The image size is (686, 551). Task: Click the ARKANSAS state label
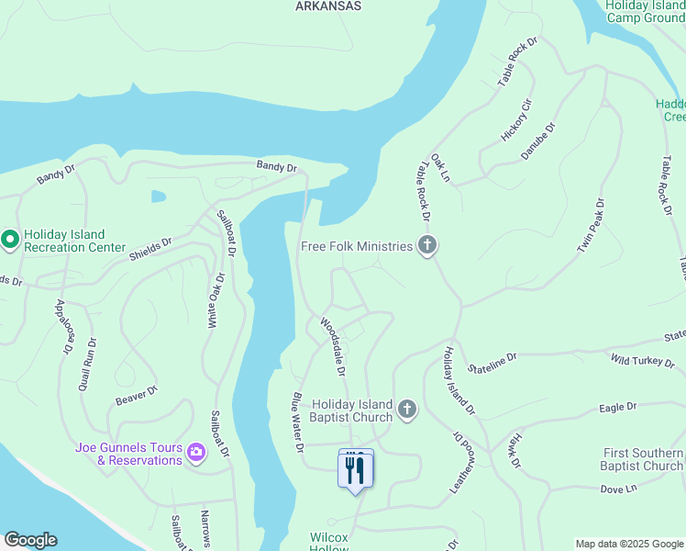point(328,6)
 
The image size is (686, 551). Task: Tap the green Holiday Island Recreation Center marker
point(10,241)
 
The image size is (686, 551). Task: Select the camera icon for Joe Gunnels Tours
point(195,452)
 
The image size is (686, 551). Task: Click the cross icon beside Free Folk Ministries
point(426,245)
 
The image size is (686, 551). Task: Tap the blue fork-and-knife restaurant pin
point(355,470)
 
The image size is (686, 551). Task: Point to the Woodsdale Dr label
point(333,347)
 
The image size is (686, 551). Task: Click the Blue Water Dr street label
point(298,422)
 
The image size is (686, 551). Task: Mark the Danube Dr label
point(538,141)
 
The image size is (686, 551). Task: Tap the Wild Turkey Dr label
point(642,361)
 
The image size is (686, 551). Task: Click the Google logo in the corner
point(30,540)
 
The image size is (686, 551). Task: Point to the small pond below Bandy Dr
point(159,197)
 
